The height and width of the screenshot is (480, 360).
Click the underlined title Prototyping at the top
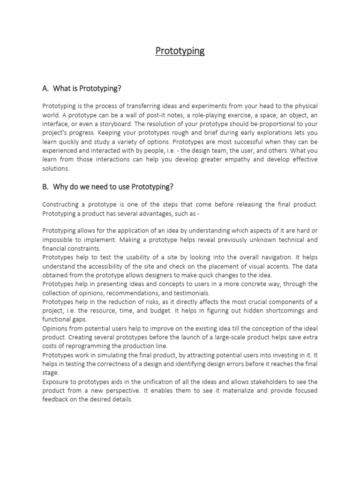coord(180,51)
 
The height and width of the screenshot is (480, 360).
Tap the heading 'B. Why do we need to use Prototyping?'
coord(108,187)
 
